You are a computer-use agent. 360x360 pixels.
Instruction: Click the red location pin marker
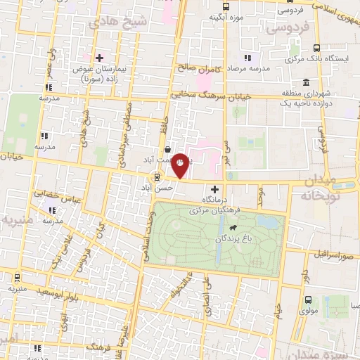(x=181, y=165)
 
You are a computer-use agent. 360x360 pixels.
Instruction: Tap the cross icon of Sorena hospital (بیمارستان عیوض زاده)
(x=100, y=58)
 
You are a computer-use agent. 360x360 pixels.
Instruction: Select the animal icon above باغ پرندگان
(x=231, y=228)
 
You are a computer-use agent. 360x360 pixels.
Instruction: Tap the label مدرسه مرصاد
(x=250, y=68)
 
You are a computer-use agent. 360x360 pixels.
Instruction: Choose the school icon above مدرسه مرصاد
(x=247, y=57)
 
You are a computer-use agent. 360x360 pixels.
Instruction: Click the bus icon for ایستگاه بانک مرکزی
(x=316, y=48)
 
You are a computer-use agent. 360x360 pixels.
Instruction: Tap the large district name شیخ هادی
(x=120, y=22)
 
